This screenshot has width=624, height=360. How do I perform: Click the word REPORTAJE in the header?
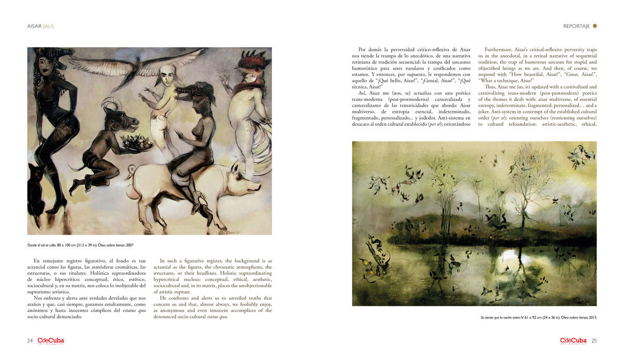tap(576, 26)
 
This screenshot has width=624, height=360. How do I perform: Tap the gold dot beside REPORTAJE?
tap(595, 25)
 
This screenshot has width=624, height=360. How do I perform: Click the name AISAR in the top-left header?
tap(34, 26)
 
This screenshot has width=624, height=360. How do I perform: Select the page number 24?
tap(30, 341)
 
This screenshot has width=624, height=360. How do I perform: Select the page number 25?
tap(594, 341)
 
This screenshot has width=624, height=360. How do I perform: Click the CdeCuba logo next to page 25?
tap(574, 341)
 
